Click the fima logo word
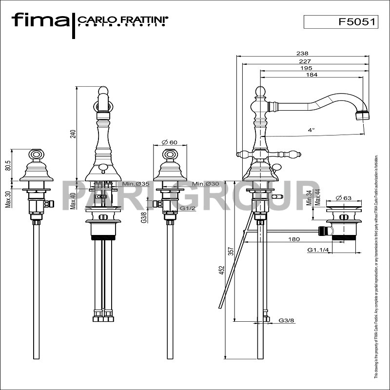[x=40, y=20]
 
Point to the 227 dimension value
[x=304, y=61]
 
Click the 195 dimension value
[x=312, y=68]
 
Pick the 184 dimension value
[x=312, y=75]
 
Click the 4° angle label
[x=311, y=130]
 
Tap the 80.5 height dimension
[x=8, y=165]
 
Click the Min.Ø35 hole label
[x=136, y=184]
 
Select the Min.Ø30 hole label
[x=205, y=184]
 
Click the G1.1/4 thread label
[x=317, y=250]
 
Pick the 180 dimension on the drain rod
[x=294, y=239]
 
